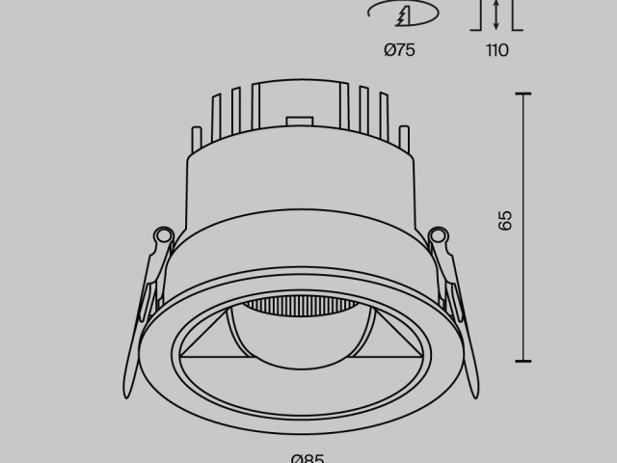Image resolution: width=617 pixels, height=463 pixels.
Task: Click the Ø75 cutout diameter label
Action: point(399,50)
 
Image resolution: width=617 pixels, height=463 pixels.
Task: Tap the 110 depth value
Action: point(496,50)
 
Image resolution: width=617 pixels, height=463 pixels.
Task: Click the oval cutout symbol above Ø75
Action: point(403,14)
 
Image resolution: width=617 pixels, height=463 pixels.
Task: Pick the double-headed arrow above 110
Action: point(496,14)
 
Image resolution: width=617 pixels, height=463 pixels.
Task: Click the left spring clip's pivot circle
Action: point(163,233)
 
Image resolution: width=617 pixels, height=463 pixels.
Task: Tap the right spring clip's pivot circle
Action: point(439,233)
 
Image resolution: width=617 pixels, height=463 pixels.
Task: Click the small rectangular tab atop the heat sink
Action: point(300,120)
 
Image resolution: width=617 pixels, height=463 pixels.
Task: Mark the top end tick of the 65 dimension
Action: point(523,94)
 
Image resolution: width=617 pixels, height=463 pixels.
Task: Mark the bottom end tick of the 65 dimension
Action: point(523,359)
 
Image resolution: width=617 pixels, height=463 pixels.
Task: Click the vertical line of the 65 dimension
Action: point(523,289)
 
